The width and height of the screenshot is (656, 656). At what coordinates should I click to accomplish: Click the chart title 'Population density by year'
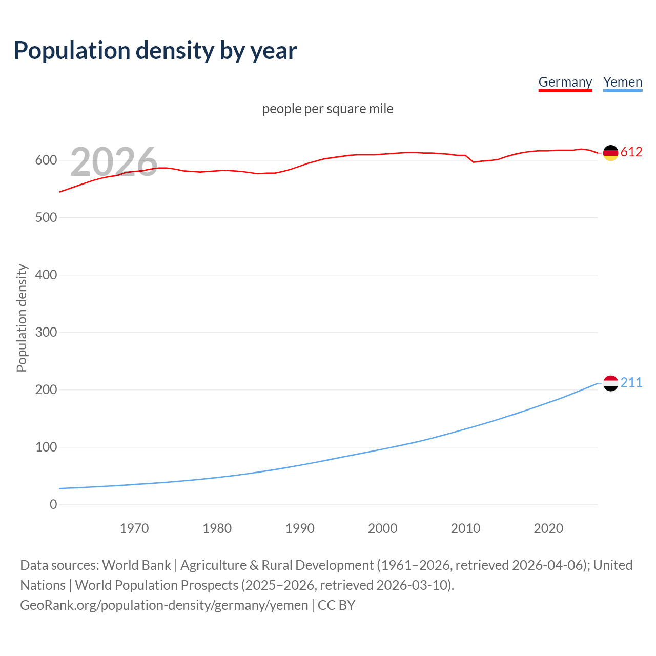tap(155, 50)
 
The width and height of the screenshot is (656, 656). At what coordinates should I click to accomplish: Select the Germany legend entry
tap(565, 82)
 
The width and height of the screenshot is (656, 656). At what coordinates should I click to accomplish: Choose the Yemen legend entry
tap(622, 82)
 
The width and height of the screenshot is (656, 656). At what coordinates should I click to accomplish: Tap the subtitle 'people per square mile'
tap(327, 109)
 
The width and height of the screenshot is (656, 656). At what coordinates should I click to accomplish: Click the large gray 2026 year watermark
tap(113, 162)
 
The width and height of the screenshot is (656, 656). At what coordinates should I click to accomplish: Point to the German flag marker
tap(610, 153)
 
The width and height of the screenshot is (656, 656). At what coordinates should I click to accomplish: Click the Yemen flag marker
tap(610, 383)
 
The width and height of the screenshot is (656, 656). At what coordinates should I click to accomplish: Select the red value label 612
tap(631, 152)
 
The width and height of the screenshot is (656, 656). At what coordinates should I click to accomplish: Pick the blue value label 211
tap(631, 383)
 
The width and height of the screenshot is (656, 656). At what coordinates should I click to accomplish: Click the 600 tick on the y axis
tap(46, 160)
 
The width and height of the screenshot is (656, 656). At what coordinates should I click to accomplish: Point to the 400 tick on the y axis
tap(46, 275)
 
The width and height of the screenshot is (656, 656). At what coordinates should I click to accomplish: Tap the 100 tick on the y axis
tap(46, 447)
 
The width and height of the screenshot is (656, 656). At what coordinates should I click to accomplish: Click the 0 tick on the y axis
tap(53, 505)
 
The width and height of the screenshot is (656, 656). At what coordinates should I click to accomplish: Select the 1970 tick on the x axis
tap(134, 528)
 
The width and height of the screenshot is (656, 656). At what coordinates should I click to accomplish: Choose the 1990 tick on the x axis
tap(300, 528)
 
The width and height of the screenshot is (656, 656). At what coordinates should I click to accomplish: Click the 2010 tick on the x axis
tap(465, 528)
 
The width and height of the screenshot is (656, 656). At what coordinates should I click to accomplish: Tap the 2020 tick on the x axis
tap(548, 528)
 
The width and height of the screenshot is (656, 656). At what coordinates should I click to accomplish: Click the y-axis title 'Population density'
tap(22, 318)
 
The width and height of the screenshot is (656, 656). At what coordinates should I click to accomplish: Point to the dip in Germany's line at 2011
tap(474, 162)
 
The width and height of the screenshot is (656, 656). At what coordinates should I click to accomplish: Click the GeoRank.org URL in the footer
tap(164, 605)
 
